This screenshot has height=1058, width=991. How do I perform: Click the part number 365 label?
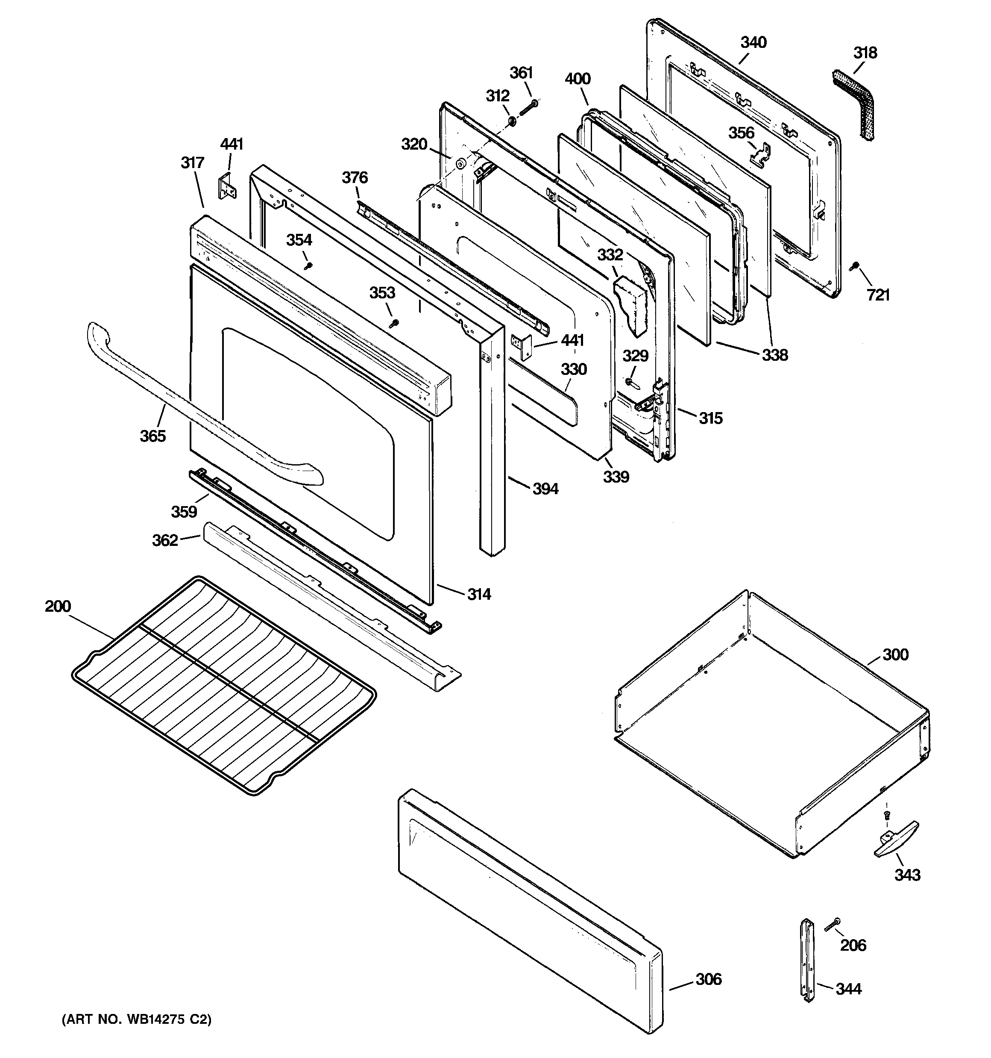[x=152, y=436]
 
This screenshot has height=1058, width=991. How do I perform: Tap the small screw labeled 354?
[x=307, y=265]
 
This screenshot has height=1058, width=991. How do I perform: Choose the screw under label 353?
[x=394, y=322]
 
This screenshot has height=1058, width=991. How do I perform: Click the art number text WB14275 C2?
[x=137, y=1020]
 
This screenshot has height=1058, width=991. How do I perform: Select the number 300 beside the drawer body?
[x=895, y=654]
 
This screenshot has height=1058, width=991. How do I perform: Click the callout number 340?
[x=753, y=43]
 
